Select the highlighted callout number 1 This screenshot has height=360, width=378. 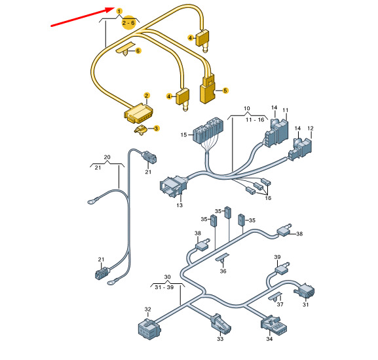tap(119, 11)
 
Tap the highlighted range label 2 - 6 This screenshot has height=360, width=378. tap(128, 23)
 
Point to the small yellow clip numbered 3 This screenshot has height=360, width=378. tap(141, 130)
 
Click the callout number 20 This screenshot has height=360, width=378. tap(107, 157)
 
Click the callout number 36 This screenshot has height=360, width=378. tap(223, 271)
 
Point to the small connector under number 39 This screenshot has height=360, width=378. tap(282, 268)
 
